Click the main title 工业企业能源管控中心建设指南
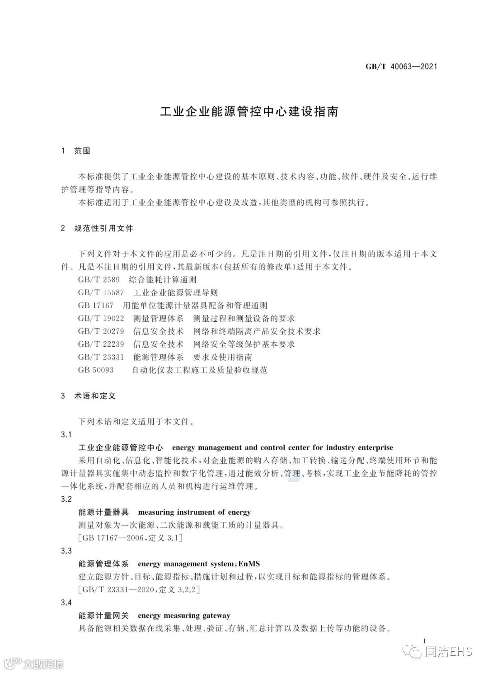(x=249, y=112)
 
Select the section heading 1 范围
(x=75, y=151)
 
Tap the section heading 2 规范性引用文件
(x=97, y=228)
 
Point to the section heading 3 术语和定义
(x=88, y=396)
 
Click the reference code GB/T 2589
(x=99, y=280)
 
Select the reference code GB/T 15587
(x=101, y=292)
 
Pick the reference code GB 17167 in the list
(x=96, y=306)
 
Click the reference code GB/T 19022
(x=101, y=318)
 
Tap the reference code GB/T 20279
(x=101, y=331)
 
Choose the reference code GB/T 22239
(x=101, y=344)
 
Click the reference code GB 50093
(x=96, y=370)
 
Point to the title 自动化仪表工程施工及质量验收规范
(x=199, y=370)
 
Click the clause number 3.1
(x=66, y=435)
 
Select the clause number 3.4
(x=66, y=602)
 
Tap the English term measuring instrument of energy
(x=194, y=513)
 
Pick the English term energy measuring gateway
(x=184, y=616)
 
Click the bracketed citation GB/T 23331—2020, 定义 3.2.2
(x=139, y=590)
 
